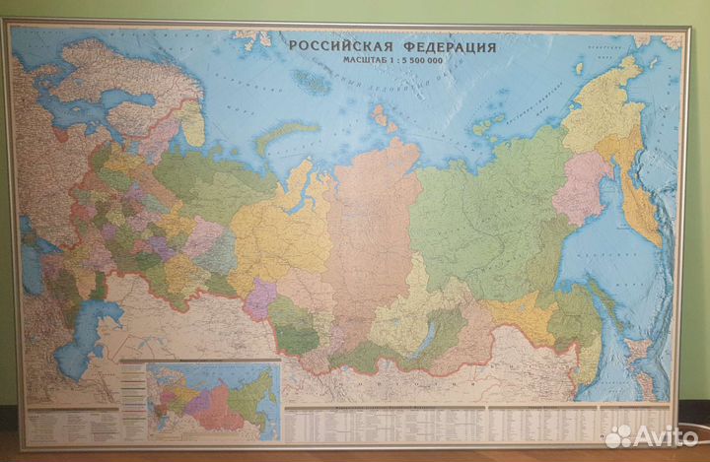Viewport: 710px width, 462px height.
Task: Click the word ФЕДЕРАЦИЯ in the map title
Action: [448, 46]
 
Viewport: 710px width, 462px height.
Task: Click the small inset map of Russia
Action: [211, 398]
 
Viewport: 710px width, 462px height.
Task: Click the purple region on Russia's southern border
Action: [260, 297]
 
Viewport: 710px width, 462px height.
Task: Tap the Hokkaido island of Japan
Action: [631, 355]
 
